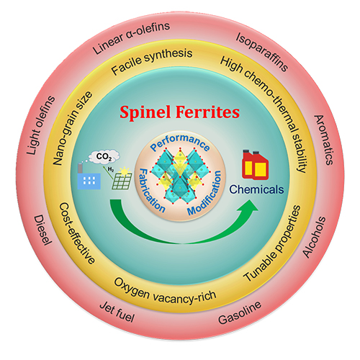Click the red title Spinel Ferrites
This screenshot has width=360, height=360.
[179, 112]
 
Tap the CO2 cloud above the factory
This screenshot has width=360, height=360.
[104, 156]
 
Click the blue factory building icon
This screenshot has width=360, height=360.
[89, 176]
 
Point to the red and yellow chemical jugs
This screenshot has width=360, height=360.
[255, 165]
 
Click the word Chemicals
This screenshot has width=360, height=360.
[256, 189]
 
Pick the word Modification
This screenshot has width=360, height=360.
[204, 193]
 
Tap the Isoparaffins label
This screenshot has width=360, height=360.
[262, 52]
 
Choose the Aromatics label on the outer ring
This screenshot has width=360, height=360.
[323, 140]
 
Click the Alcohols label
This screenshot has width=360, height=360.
[314, 237]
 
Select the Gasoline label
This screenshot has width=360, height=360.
[240, 312]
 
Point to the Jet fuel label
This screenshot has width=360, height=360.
[117, 312]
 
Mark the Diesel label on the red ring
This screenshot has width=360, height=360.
[42, 230]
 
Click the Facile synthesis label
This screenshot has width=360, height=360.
[152, 61]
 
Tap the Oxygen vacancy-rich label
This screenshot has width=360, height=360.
[165, 292]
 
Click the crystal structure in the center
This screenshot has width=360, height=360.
[180, 177]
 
